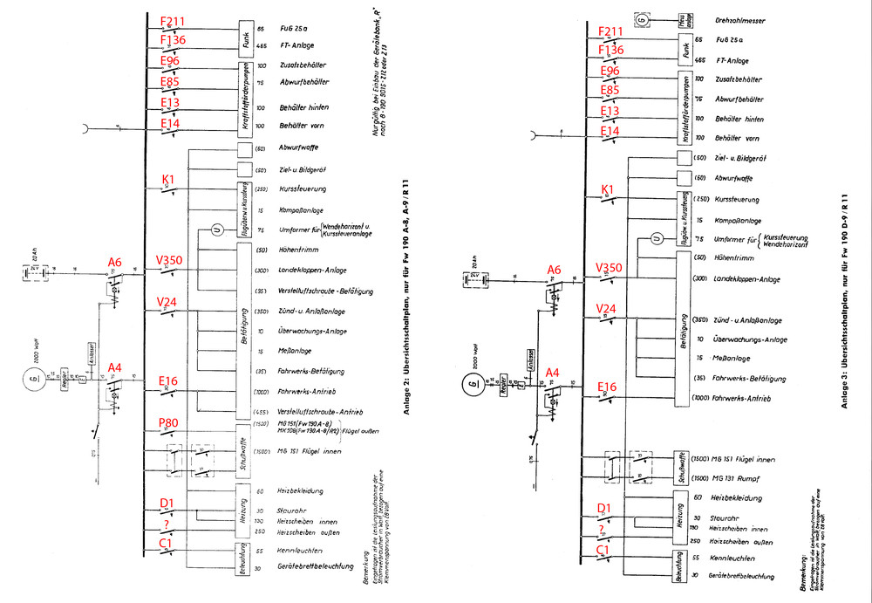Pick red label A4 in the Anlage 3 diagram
point(552,373)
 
